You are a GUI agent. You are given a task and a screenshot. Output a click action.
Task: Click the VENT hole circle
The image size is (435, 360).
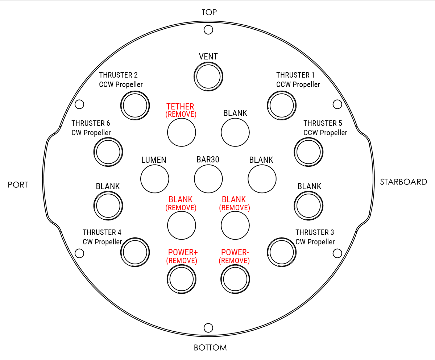[x=194, y=76]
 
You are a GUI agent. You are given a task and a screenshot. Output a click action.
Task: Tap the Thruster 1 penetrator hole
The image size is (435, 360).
[x=268, y=105]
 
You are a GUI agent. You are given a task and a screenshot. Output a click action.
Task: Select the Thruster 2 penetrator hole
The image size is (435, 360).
[x=121, y=105]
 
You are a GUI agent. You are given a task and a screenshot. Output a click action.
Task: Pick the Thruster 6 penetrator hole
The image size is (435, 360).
[x=94, y=152]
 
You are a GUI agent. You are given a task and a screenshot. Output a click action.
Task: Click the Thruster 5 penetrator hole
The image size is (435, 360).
[x=295, y=152]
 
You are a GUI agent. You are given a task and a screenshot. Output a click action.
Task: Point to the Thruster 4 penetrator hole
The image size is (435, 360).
[x=121, y=252]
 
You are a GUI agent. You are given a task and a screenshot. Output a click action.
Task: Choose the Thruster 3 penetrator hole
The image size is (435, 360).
[x=268, y=252]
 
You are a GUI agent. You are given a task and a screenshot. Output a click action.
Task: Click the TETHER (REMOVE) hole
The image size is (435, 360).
[x=168, y=132]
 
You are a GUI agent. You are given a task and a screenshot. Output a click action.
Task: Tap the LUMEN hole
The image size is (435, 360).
[x=141, y=179]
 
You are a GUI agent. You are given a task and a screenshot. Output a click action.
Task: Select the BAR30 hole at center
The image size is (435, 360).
[x=195, y=179]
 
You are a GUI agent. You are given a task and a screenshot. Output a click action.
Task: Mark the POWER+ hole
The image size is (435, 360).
[x=167, y=279]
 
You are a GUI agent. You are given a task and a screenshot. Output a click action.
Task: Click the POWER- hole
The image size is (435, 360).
[x=221, y=279]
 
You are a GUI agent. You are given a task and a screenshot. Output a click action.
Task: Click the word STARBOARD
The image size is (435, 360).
[x=403, y=182]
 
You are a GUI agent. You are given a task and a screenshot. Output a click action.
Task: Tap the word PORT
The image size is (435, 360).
[x=18, y=185]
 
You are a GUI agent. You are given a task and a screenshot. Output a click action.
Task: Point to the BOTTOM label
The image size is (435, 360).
[x=210, y=348]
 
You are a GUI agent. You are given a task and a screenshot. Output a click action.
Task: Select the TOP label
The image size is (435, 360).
[x=209, y=12]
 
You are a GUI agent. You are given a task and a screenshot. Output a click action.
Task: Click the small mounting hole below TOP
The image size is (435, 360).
[x=204, y=30]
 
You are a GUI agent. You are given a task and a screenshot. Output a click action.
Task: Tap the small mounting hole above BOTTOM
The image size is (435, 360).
[x=204, y=328]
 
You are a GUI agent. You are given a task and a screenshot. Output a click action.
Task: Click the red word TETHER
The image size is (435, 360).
[x=180, y=107]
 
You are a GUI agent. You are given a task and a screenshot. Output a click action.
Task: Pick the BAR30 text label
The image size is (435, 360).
[x=208, y=160]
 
